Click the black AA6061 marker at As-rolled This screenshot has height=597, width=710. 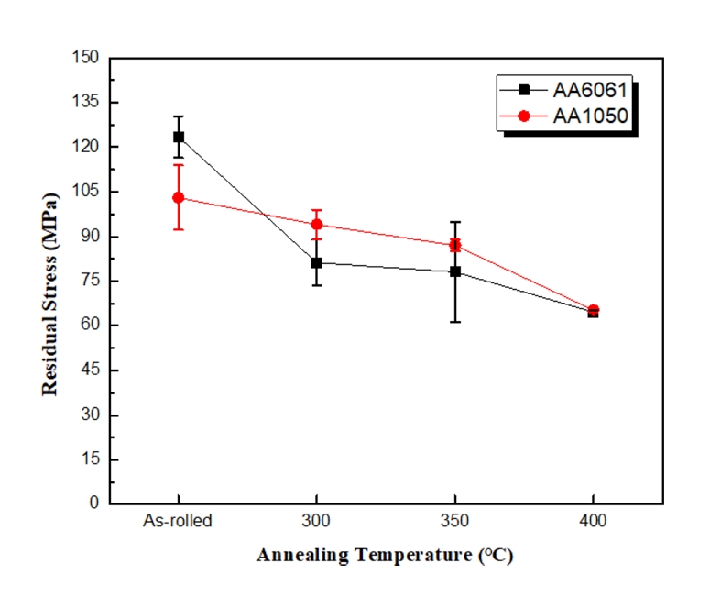pos(179,137)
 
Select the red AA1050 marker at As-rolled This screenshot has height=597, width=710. pos(179,197)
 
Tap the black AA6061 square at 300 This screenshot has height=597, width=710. pos(317,262)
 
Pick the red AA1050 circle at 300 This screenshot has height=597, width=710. pos(317,225)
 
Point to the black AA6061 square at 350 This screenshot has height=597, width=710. pos(455,271)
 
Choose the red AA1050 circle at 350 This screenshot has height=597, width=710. pos(455,245)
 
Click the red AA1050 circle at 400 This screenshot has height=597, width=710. pos(594,310)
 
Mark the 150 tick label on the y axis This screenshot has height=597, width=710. pos(87,57)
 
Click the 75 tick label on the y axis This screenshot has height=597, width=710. pos(91,281)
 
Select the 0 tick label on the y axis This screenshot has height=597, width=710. pos(95,503)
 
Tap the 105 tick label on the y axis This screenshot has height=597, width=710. pos(87,192)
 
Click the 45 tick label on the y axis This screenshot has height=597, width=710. pos(91,370)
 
